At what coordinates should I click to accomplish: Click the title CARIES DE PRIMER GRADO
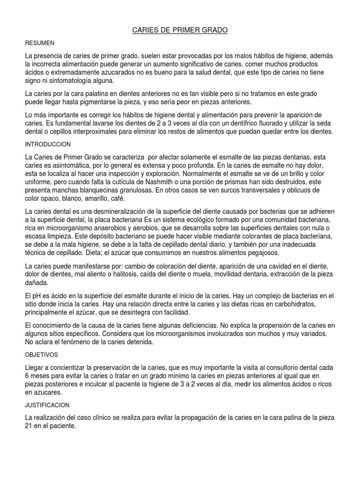(x=180, y=30)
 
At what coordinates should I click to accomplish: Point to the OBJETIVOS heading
(x=42, y=355)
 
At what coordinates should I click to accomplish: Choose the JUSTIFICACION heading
(x=47, y=405)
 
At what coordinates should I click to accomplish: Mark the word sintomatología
(x=70, y=81)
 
